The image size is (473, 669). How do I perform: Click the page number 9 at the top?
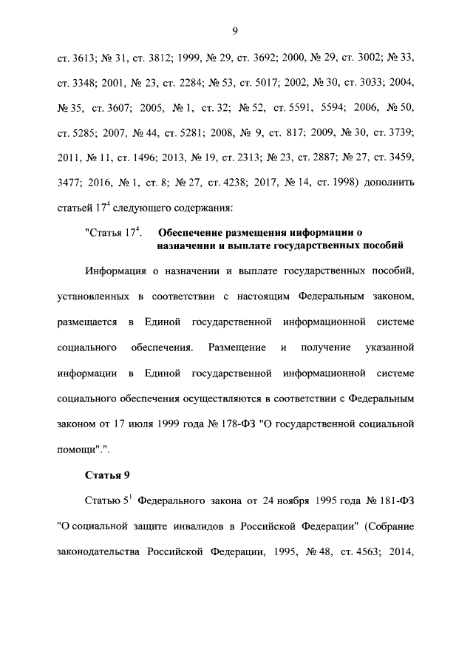click(x=234, y=30)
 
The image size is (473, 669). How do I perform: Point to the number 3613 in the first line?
click(x=82, y=57)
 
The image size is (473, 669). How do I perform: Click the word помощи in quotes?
click(x=81, y=449)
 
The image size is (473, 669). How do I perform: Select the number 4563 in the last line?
click(x=358, y=552)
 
